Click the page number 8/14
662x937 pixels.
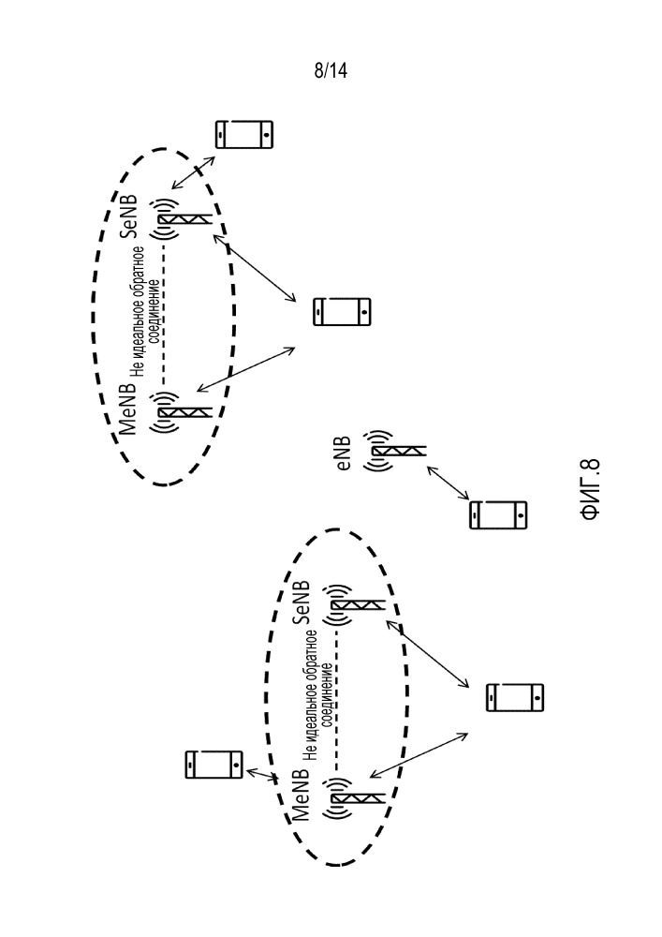331,72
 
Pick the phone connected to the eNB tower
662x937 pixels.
497,514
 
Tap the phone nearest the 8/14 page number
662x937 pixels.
244,135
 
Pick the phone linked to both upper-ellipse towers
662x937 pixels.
342,312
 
